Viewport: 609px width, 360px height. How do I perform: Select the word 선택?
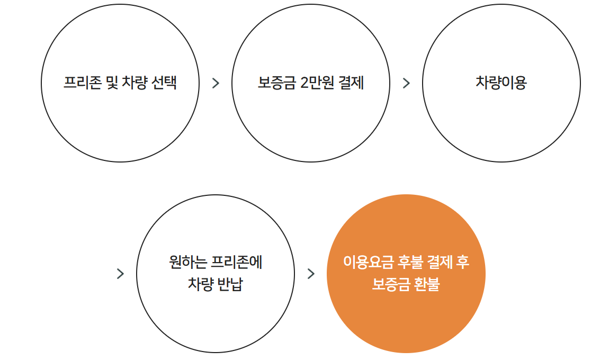(x=164, y=83)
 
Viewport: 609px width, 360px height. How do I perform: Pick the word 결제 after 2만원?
(x=351, y=83)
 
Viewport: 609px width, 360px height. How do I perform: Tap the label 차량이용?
(x=501, y=83)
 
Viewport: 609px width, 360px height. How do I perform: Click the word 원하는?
(x=187, y=262)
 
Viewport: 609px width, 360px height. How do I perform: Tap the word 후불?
(x=410, y=262)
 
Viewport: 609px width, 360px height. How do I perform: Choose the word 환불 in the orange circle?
(x=427, y=284)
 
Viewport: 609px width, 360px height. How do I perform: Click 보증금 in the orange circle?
(x=391, y=284)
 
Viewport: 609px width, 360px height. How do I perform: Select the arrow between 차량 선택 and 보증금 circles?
(x=216, y=83)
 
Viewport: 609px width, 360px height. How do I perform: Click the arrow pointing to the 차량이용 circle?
(x=406, y=83)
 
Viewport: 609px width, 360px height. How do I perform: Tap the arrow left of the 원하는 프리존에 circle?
(x=120, y=274)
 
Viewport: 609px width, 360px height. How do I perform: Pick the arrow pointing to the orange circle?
(x=311, y=274)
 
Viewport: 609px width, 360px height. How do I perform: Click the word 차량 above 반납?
(x=200, y=284)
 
